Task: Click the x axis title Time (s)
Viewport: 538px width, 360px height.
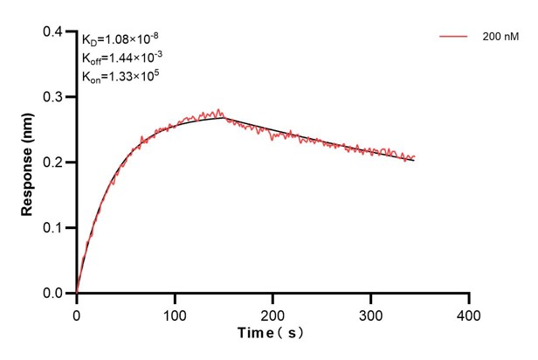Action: pos(272,334)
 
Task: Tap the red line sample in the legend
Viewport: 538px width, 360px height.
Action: pos(455,38)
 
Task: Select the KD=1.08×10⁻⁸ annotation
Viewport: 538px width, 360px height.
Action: pos(121,39)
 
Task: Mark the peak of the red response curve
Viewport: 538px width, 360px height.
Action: pos(220,110)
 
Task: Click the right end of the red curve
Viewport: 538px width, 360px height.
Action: pos(414,157)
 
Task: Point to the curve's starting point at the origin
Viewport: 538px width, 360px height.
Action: pos(77,293)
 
